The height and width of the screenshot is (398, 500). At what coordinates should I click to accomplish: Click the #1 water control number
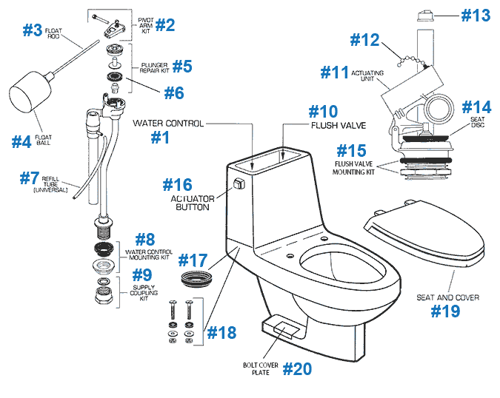[160, 137]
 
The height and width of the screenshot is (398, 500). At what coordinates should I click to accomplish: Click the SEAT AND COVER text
[447, 297]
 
